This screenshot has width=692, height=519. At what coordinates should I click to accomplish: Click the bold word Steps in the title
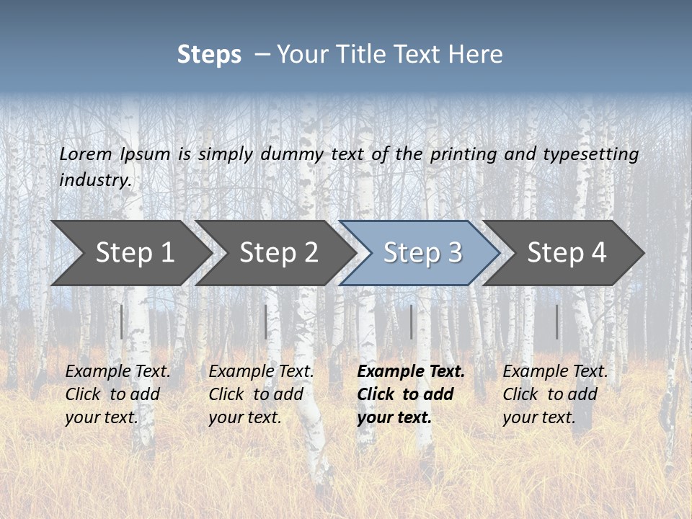tap(209, 54)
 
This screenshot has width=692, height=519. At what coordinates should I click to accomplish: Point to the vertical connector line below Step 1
tap(122, 321)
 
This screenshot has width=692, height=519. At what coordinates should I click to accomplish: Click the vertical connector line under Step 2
tap(266, 321)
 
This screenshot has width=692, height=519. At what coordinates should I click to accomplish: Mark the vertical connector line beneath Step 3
tap(412, 321)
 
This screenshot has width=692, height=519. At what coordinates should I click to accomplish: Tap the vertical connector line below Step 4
tap(557, 321)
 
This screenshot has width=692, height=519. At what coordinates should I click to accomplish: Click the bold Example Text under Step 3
tap(411, 394)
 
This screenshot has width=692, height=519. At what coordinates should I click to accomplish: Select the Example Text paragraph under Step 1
tap(117, 394)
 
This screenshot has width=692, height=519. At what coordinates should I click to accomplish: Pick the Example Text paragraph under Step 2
tap(261, 394)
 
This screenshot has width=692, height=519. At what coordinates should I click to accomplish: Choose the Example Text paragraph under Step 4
tap(555, 394)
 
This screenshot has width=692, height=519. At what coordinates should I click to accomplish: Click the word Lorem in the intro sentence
tap(86, 154)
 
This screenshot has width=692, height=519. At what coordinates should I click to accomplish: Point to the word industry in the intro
tap(94, 180)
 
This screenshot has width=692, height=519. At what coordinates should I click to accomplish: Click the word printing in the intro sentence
tap(463, 154)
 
